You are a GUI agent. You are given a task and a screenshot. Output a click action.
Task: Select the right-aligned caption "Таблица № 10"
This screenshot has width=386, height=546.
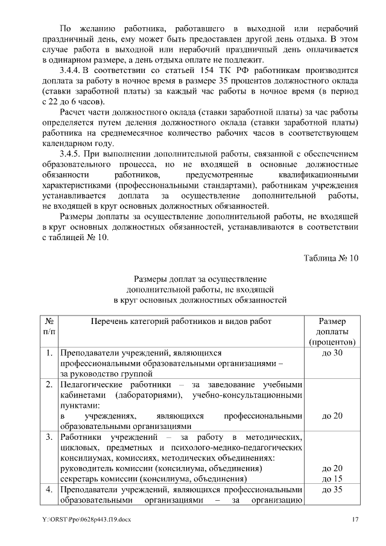(x=331, y=258)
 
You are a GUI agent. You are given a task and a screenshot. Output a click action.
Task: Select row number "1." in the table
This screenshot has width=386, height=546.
(x=49, y=352)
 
